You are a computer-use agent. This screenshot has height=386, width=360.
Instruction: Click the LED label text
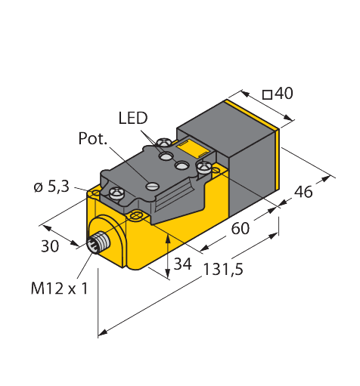[133, 118]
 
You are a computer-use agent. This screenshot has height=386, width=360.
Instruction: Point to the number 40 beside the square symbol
[284, 94]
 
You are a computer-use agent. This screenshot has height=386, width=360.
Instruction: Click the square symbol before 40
[267, 94]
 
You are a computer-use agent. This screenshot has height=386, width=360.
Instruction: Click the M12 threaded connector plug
[98, 244]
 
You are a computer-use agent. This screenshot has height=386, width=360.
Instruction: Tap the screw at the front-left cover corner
[117, 194]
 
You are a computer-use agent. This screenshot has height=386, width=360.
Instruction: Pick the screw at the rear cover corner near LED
[164, 141]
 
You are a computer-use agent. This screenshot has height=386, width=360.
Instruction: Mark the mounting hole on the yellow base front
[136, 217]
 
